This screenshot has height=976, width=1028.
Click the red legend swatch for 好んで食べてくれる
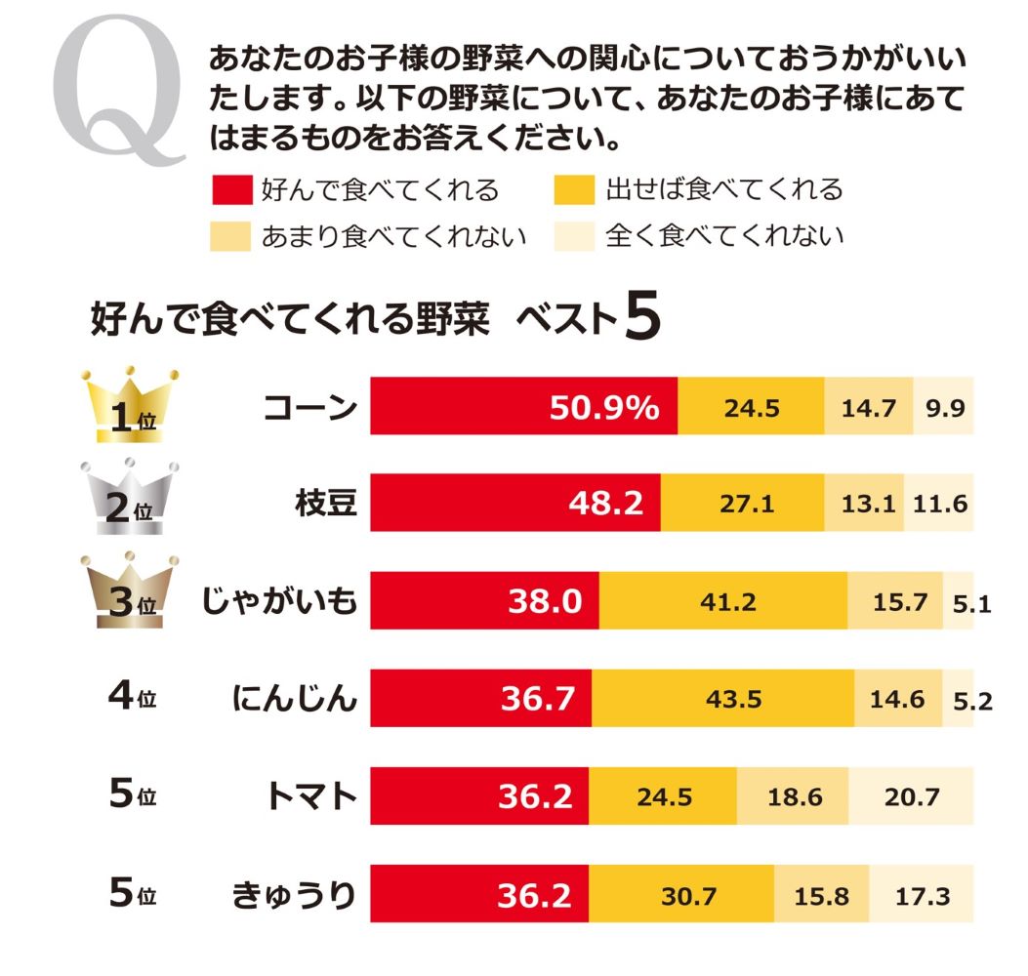(x=230, y=189)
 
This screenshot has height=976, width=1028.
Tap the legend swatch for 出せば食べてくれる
(x=574, y=189)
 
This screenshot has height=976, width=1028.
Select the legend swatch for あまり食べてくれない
(x=230, y=236)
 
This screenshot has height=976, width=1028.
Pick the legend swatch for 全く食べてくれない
(x=574, y=236)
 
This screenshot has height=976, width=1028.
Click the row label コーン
(x=309, y=408)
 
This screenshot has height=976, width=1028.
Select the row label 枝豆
(x=325, y=504)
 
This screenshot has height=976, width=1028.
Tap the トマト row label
(x=310, y=796)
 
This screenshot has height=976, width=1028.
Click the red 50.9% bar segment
(x=523, y=408)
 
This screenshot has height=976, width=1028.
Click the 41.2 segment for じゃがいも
(x=723, y=601)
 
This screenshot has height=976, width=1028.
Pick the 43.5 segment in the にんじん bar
(x=722, y=699)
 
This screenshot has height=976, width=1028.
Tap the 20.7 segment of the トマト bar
(x=911, y=796)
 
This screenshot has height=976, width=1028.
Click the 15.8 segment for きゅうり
(x=822, y=894)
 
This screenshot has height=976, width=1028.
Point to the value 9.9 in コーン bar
(x=944, y=408)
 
